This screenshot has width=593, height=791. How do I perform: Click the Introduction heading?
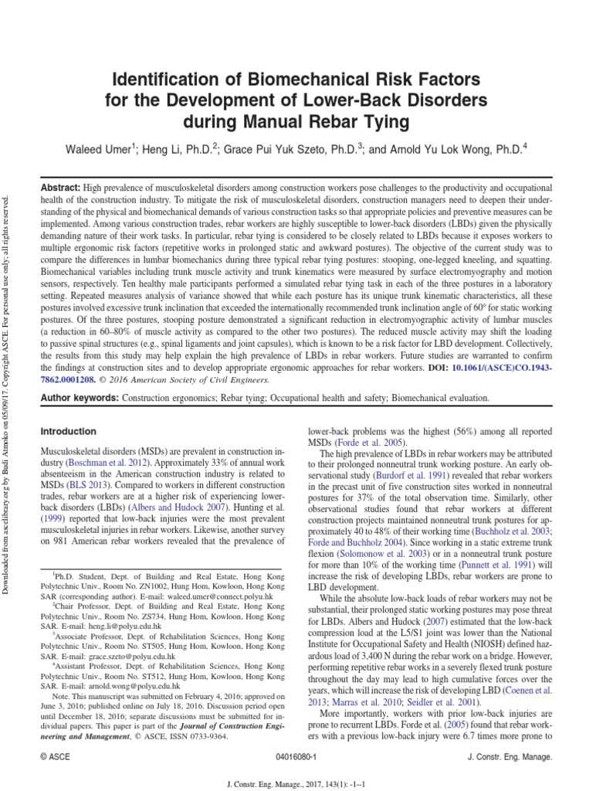(x=68, y=431)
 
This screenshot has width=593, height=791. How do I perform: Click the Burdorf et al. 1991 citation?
(x=400, y=477)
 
